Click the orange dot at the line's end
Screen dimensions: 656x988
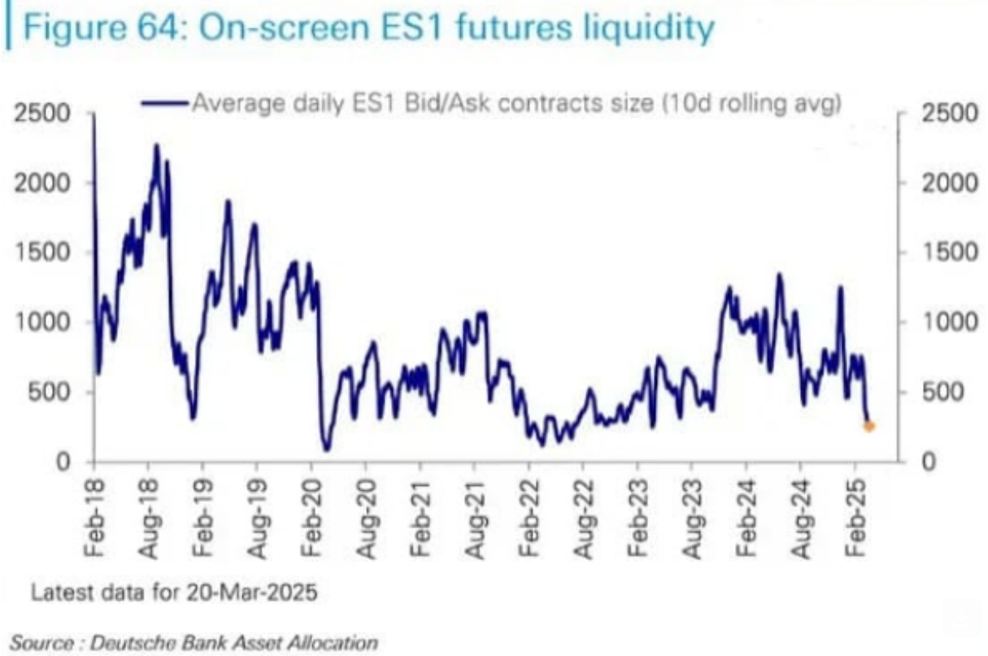869,426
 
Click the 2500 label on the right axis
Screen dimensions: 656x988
940,113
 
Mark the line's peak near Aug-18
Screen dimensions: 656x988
155,146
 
